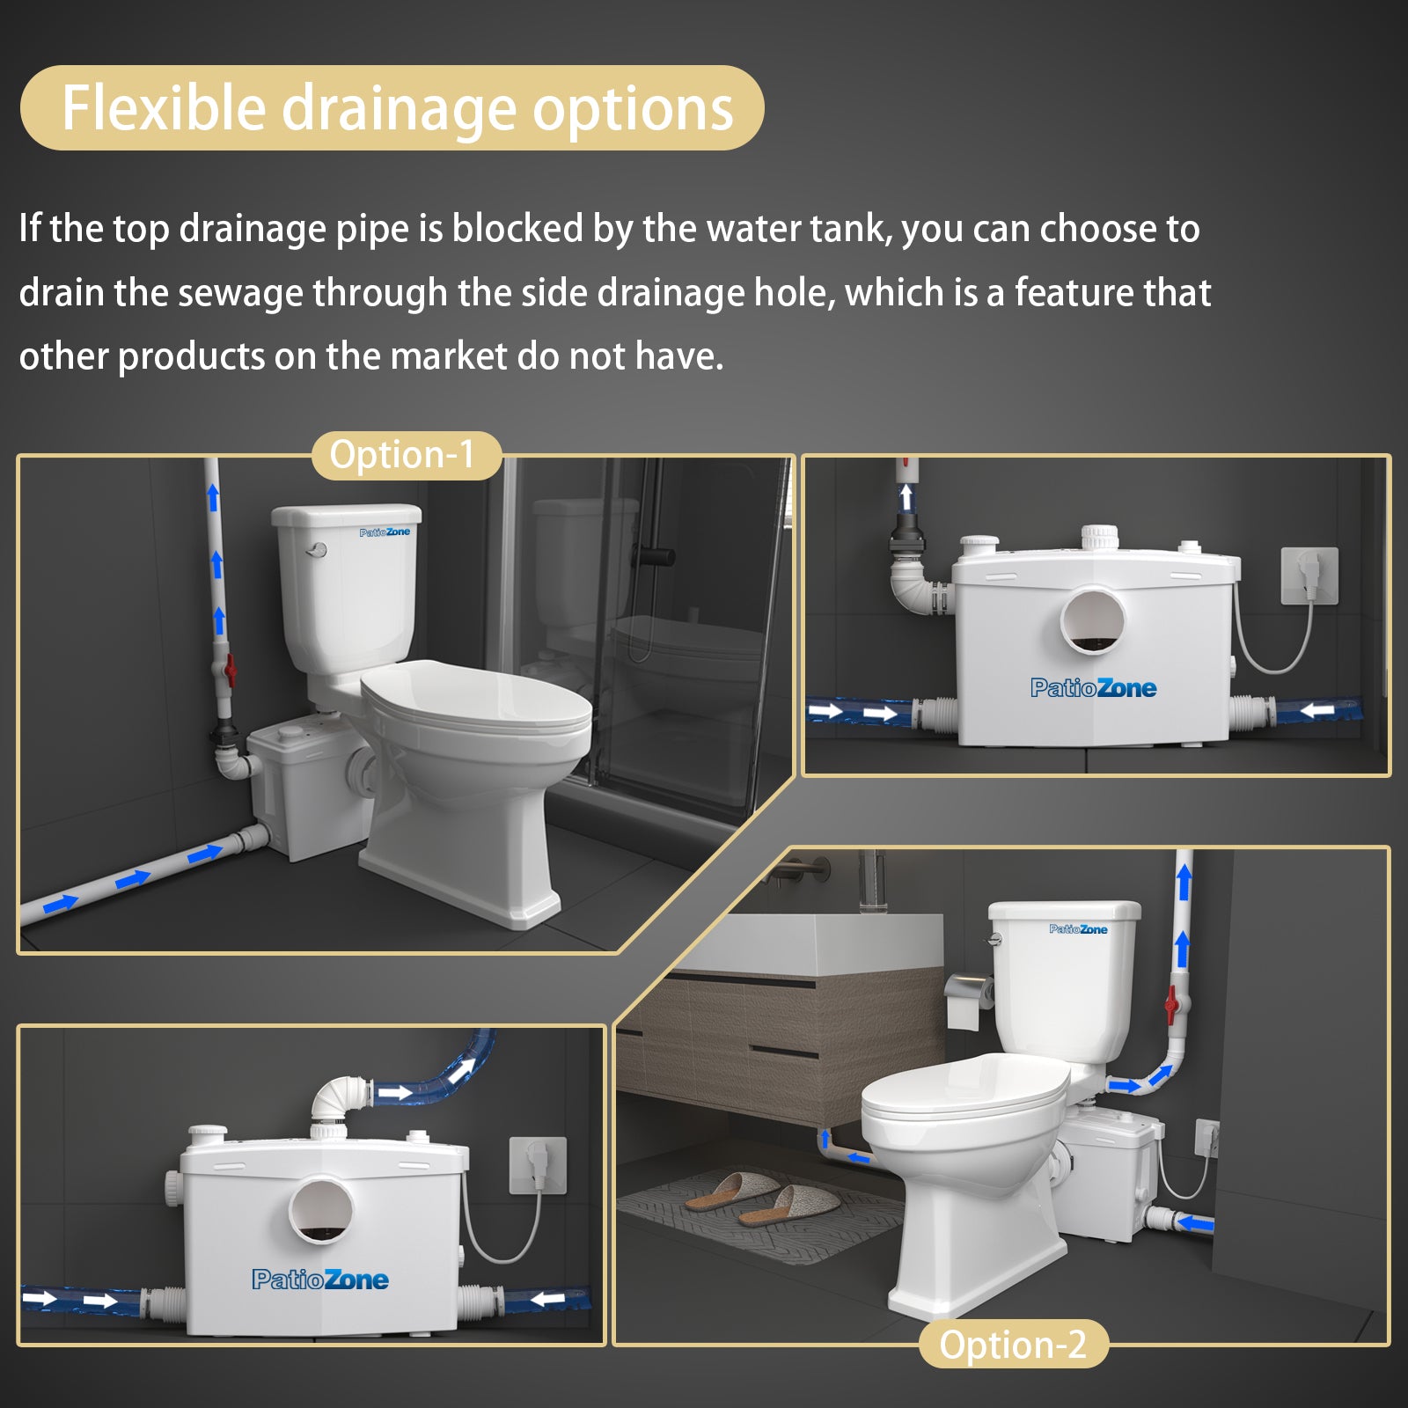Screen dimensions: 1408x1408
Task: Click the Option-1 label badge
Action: pos(405,455)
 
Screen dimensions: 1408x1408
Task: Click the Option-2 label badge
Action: pos(1012,1345)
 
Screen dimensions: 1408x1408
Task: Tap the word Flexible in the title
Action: pos(164,108)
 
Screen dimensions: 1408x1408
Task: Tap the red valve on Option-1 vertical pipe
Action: pos(231,671)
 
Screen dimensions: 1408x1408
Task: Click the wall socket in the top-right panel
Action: pos(1309,576)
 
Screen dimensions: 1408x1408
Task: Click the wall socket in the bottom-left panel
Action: pos(538,1164)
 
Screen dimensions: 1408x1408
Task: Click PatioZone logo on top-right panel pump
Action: pos(1093,688)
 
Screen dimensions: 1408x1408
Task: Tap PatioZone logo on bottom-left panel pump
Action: pos(319,1280)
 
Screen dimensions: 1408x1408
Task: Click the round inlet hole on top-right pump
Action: pos(1093,620)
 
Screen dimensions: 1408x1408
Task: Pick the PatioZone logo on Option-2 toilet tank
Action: pos(1078,929)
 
